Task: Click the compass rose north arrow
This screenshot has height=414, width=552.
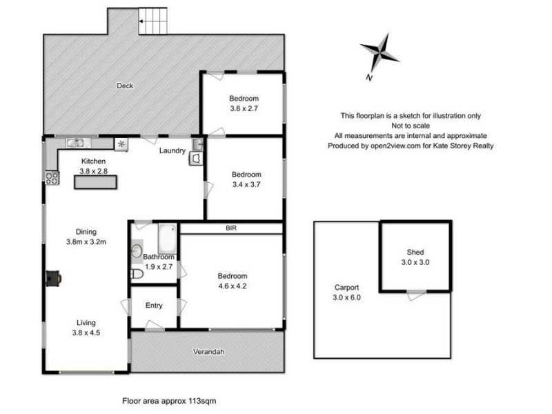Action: tap(379, 54)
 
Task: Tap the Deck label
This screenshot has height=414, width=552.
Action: tap(125, 86)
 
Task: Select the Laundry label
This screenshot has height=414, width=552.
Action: tap(171, 150)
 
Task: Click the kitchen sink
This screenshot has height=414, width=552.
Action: tap(75, 143)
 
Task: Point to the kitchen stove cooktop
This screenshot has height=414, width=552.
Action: tap(51, 178)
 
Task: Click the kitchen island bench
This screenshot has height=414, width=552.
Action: tap(96, 181)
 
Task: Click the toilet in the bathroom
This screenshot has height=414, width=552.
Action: tap(137, 275)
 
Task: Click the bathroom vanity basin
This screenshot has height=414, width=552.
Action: tap(137, 250)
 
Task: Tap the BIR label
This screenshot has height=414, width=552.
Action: tap(231, 227)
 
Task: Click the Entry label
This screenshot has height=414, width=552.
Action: tap(155, 306)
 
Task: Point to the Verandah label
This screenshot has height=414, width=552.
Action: tap(208, 352)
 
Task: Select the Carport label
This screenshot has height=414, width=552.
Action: tap(346, 288)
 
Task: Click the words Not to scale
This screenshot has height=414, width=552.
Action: tap(411, 126)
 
